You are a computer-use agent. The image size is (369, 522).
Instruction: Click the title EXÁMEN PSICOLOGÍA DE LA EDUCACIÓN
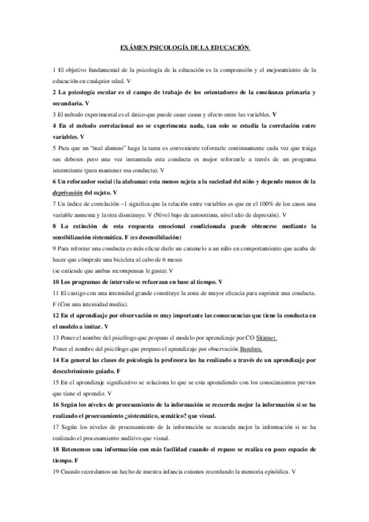click(184, 47)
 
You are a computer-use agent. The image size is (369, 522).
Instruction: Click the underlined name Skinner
click(267, 337)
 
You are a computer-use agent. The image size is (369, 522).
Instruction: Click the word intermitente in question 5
click(71, 171)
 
